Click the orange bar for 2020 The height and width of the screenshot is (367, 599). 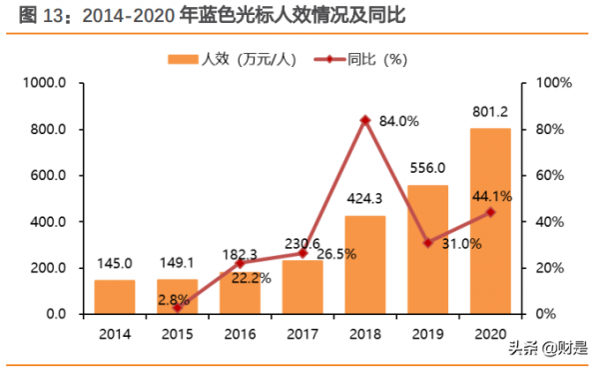click(490, 221)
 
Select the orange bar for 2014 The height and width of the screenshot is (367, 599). click(115, 296)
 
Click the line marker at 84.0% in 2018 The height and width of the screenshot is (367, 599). click(365, 120)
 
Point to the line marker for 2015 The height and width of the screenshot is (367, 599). click(178, 307)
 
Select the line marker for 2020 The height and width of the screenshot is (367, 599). click(490, 212)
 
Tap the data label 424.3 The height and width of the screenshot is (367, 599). click(365, 199)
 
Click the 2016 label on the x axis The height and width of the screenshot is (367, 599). click(240, 332)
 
